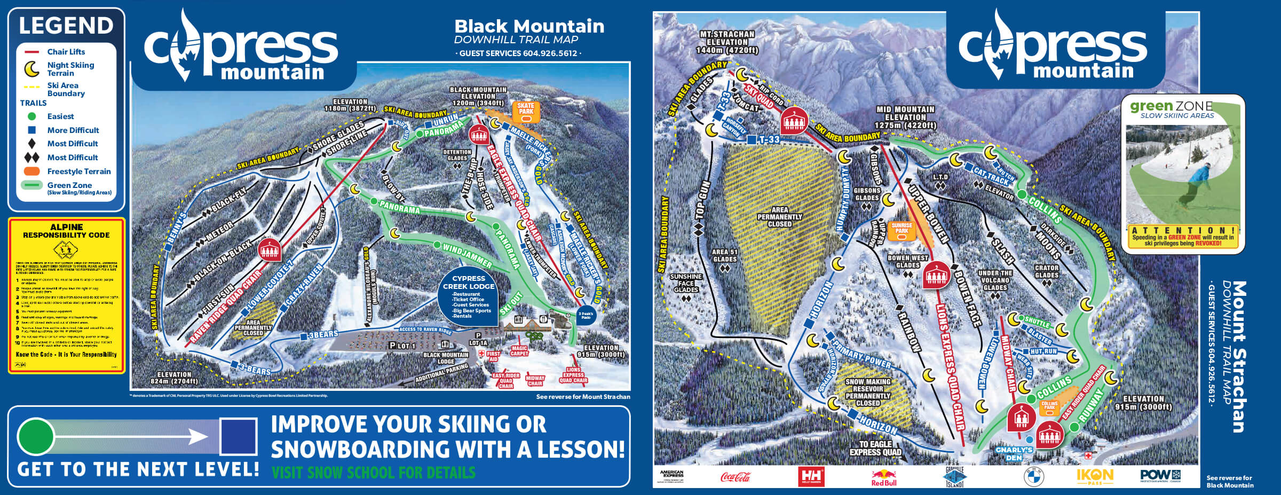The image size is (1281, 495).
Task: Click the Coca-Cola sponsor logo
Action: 735,476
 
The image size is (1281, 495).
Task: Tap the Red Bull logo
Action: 883,477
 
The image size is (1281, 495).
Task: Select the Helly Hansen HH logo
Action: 810,476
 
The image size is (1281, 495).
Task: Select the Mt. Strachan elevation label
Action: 727,42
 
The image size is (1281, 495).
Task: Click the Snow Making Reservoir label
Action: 868,392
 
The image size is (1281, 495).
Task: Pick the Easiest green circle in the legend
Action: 31,116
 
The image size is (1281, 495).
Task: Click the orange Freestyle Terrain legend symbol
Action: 32,171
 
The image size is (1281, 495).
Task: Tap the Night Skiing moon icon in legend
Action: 33,69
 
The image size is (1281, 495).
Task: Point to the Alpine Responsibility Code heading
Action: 66,231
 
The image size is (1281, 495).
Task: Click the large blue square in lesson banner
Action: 239,436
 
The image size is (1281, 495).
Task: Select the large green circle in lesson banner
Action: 36,436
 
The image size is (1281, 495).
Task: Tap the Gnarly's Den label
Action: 1014,453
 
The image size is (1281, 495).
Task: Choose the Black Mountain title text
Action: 529,26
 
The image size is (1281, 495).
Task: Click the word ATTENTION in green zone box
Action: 1183,230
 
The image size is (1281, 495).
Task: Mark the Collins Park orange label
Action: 1049,405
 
